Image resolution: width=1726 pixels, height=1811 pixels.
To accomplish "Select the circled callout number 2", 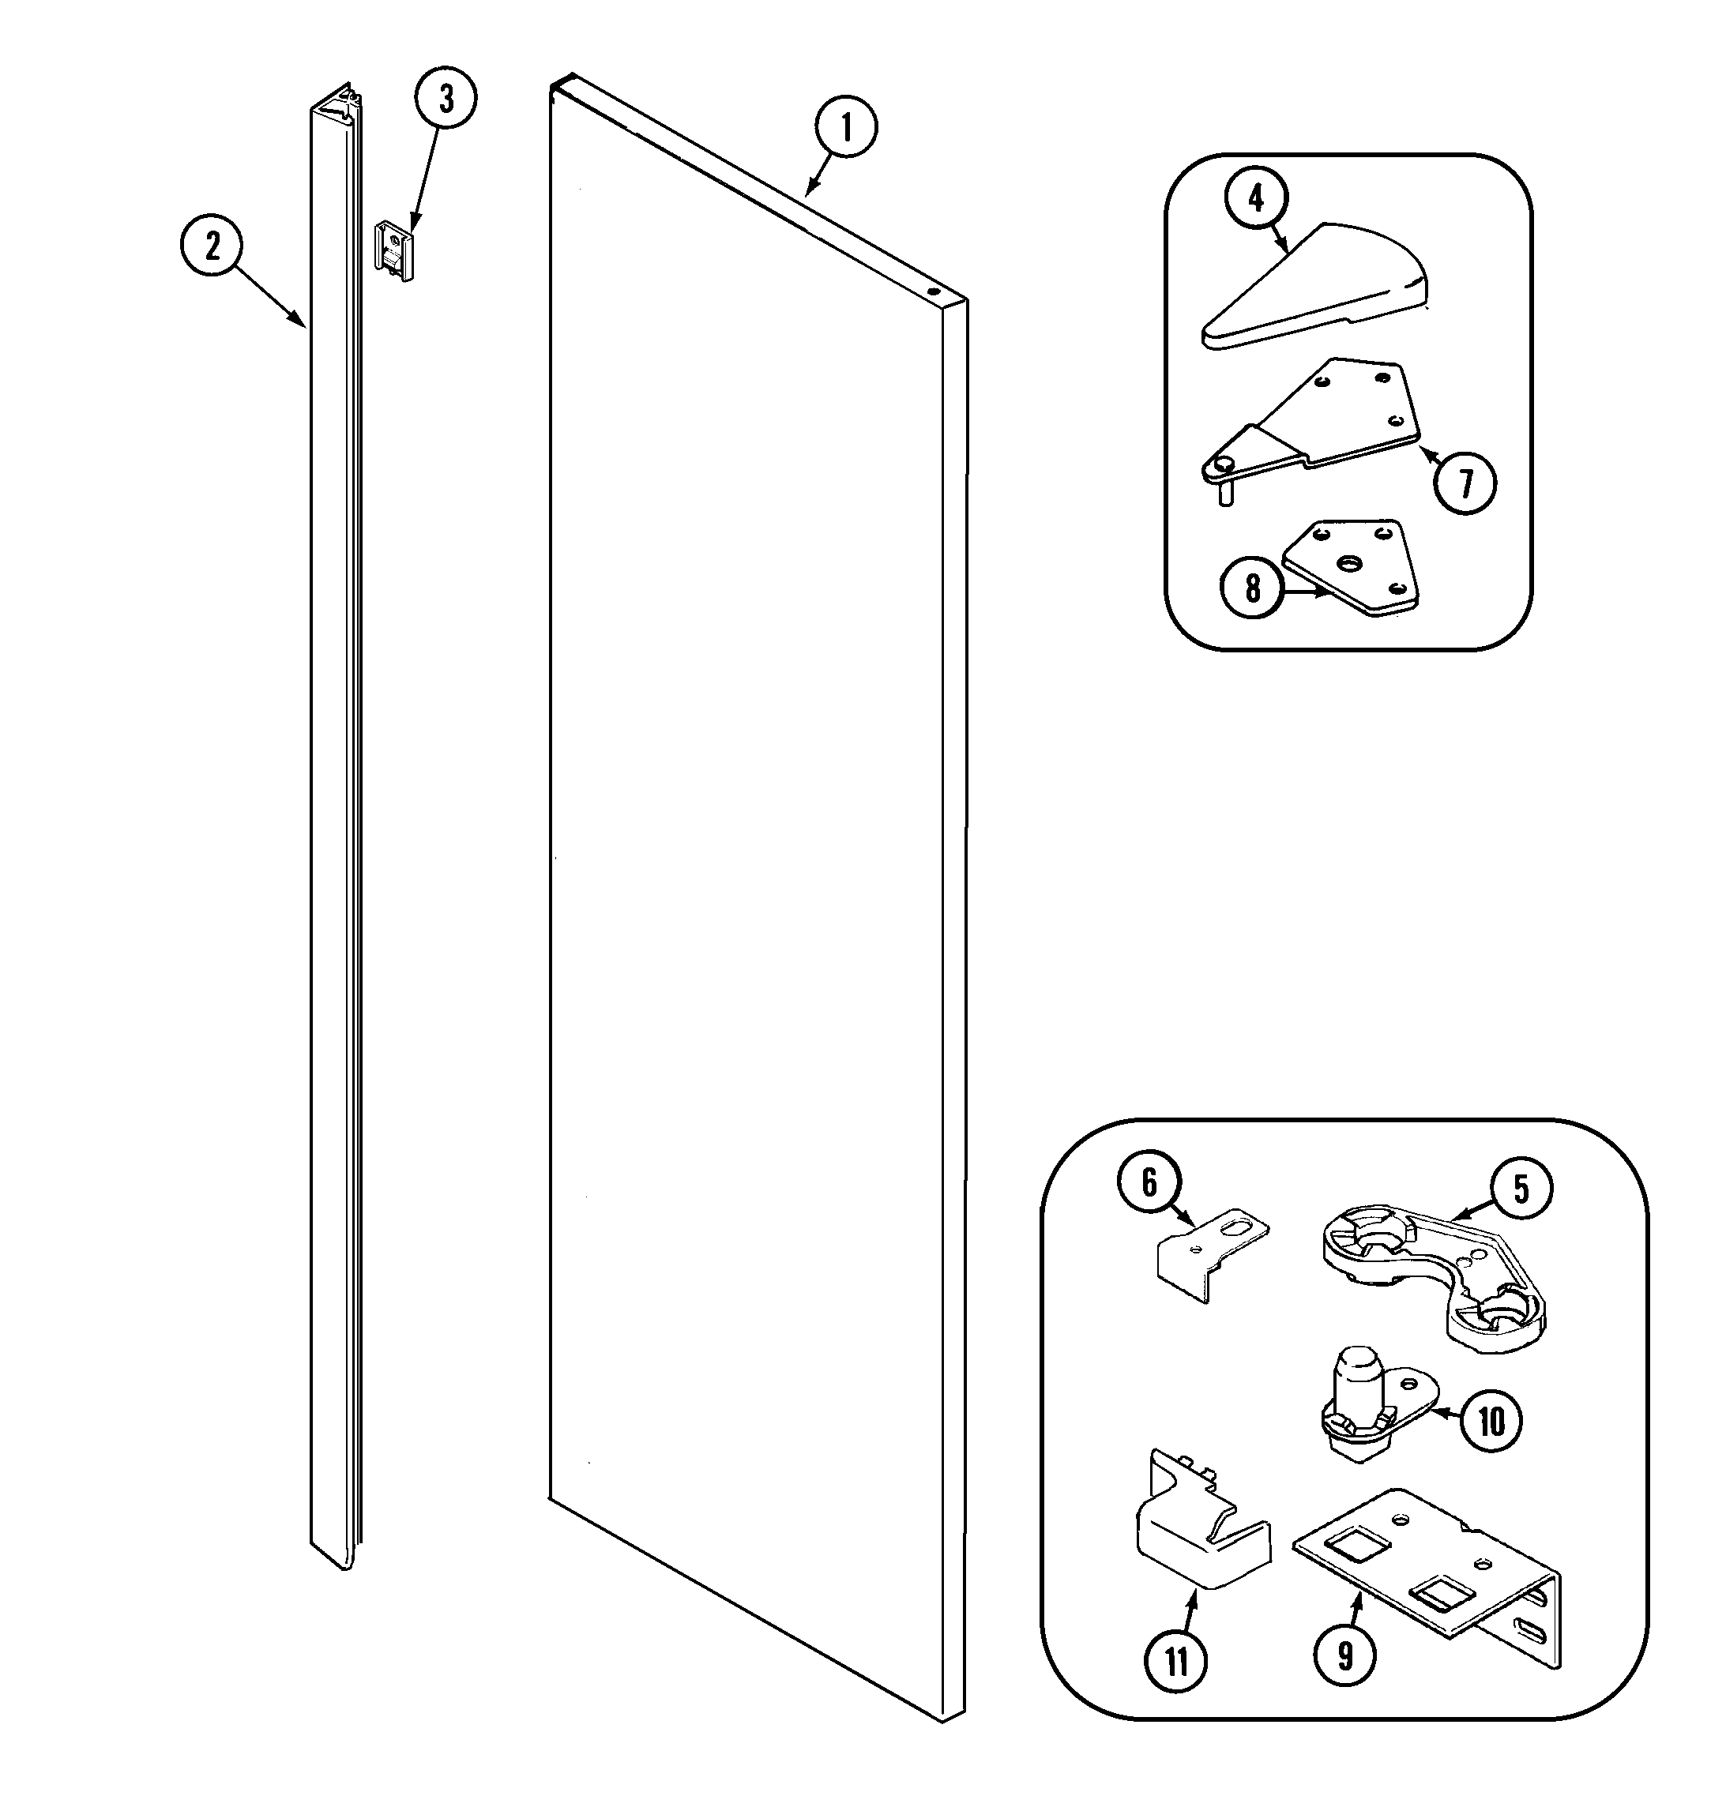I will coord(212,246).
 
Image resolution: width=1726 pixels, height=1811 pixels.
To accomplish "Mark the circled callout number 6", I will coord(1149,1183).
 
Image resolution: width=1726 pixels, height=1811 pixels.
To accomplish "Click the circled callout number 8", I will coord(1252,588).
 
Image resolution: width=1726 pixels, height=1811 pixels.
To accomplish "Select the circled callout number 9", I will coord(1345,1655).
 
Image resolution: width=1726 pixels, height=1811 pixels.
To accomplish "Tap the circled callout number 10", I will coord(1491,1420).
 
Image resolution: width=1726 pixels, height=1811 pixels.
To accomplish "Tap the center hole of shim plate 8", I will coord(1350,561).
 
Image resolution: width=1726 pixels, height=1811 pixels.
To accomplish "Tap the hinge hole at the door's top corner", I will coord(934,290).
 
